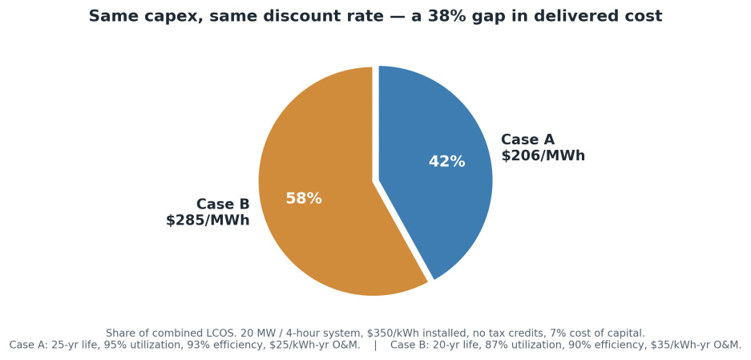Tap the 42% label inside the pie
[x=447, y=161]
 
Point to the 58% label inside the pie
[x=304, y=199]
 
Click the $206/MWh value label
[x=543, y=156]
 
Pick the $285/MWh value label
[x=208, y=220]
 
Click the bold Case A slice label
[x=528, y=140]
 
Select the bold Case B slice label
[x=223, y=204]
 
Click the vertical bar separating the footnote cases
[x=375, y=345]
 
